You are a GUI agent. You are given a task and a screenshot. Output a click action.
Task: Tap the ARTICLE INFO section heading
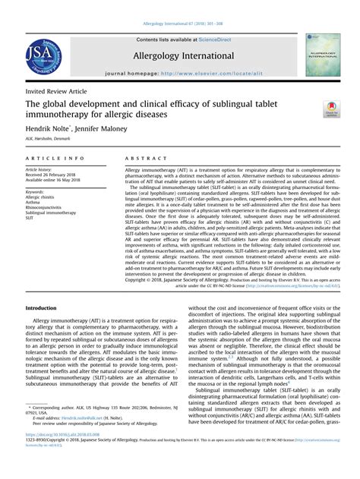coord(51,159)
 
